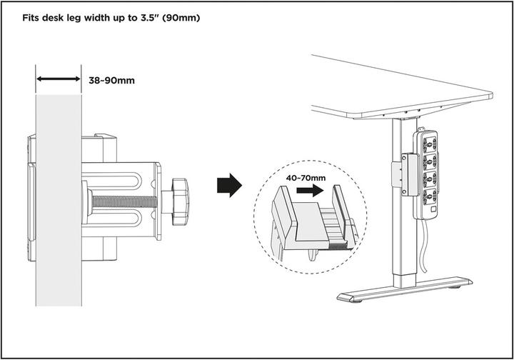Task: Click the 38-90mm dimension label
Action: [111, 80]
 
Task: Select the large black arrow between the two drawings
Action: [228, 185]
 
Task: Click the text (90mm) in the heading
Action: [179, 16]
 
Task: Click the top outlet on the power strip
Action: [430, 143]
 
